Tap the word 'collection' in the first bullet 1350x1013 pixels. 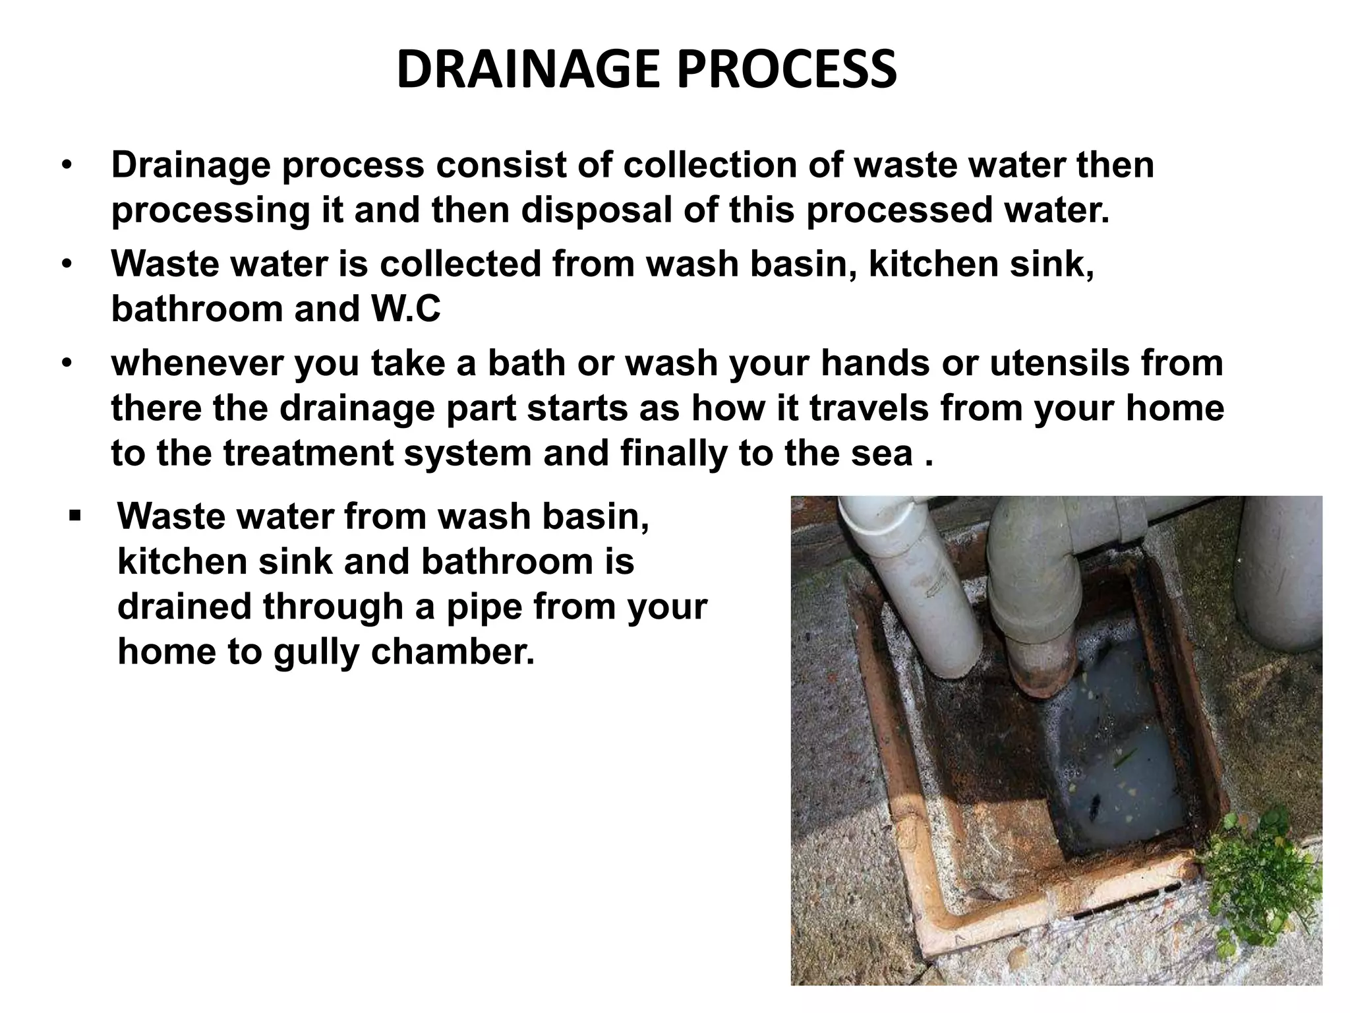[x=709, y=165]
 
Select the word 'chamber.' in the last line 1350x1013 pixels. [x=453, y=652]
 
